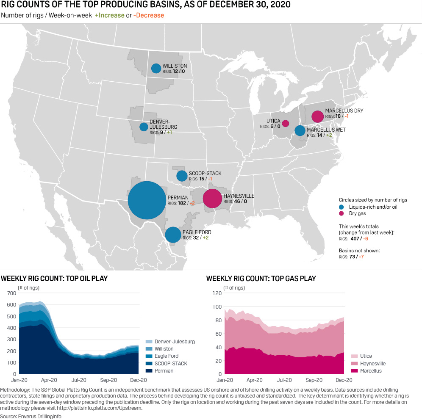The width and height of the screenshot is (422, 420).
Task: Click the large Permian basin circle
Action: point(147,200)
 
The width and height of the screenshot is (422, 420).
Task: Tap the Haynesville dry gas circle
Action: point(212,199)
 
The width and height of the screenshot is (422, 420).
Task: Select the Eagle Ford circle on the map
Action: point(173,235)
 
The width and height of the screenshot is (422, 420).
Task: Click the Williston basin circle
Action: point(156,68)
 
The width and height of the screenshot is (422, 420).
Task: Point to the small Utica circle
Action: point(286,124)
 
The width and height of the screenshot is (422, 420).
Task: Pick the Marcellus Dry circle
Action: point(317,116)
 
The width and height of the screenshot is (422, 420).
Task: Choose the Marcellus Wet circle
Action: point(300,130)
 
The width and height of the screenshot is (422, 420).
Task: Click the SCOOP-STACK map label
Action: point(205,174)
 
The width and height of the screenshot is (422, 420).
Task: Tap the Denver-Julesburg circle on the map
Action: point(144,127)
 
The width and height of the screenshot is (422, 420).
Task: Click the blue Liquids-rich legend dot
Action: point(341,207)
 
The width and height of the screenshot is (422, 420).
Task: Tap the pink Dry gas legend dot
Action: point(341,213)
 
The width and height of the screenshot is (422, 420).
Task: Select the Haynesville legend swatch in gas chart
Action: point(353,364)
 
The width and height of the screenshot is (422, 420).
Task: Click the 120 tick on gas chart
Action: point(217,293)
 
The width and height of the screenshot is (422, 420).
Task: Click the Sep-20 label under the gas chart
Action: point(314,380)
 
